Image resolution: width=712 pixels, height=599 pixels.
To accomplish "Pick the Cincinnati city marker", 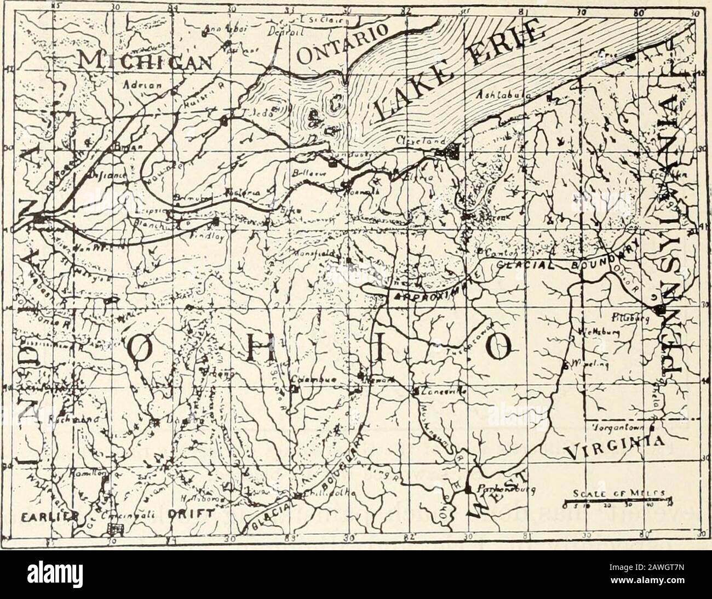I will pos(116,528).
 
